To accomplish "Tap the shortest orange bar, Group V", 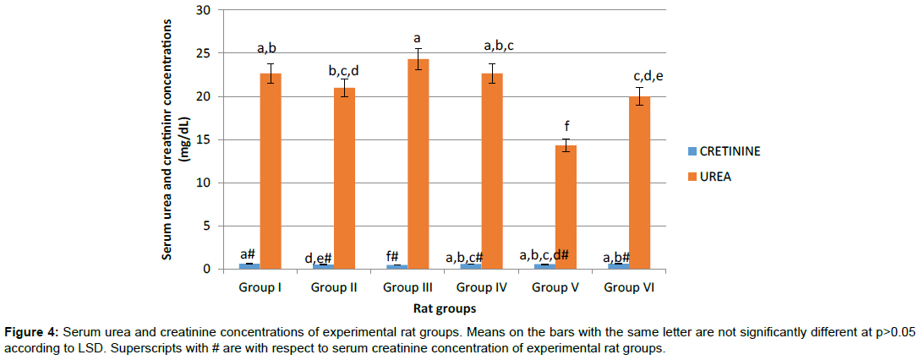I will tap(566, 207).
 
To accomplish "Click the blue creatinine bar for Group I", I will tap(249, 266).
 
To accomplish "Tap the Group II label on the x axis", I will tap(334, 287).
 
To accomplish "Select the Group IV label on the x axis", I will tap(481, 287).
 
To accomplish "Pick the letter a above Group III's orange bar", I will tap(418, 38).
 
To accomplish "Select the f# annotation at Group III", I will tap(396, 258).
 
